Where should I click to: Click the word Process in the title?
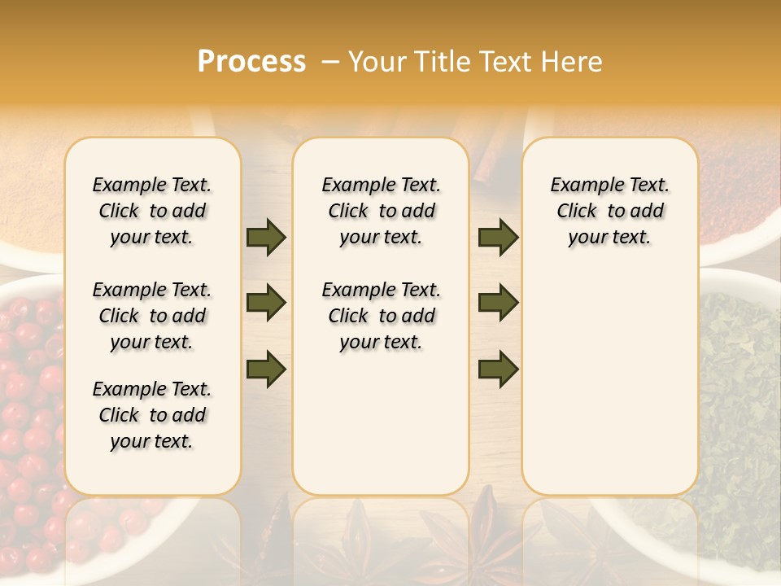coord(251,61)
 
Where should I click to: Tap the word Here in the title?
coord(573,62)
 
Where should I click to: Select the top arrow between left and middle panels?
coord(266,237)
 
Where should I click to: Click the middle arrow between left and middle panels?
coord(266,303)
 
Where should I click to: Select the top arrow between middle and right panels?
coord(498,237)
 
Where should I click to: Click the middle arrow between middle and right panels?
coord(498,303)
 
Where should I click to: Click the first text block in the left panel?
coord(152,211)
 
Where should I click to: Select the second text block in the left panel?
coord(152,316)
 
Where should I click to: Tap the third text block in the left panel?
coord(152,415)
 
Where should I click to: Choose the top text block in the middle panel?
coord(381,211)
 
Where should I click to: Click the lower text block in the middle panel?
coord(381,316)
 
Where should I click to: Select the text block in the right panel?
coord(610,211)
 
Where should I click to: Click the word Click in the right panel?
coord(577,211)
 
